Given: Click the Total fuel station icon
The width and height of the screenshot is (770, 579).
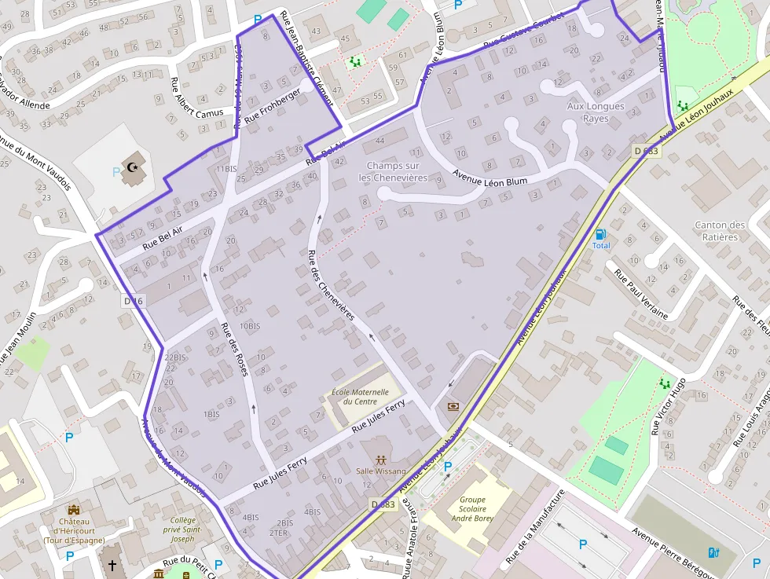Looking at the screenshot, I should pos(601,233).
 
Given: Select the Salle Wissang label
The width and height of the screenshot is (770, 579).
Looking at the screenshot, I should pos(381,471).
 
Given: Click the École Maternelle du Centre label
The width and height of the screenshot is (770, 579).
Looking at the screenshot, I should pos(360,397).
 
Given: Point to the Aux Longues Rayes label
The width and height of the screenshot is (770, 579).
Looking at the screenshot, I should pos(596,112).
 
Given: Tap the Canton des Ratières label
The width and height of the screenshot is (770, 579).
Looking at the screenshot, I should pos(720,231).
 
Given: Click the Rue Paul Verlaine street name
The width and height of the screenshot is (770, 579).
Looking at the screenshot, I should pos(641,295).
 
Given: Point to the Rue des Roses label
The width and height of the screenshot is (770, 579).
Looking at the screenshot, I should pos(234,350).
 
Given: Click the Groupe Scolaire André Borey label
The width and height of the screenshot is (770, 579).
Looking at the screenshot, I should pos(473,508).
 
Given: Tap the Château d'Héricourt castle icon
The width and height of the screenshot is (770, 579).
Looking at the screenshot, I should pos(74,510).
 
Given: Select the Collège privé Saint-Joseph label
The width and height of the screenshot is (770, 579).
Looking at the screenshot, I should pos(183,530).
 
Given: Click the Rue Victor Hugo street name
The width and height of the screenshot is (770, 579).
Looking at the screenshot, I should pos(669,405).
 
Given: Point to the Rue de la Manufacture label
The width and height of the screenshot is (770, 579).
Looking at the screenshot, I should pos(535,527).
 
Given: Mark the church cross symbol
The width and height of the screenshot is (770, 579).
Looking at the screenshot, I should pos(112,565).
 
